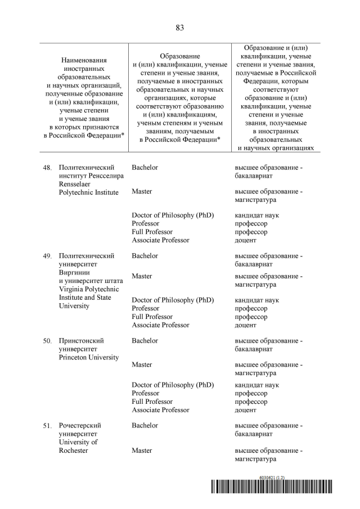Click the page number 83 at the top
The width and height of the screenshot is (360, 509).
click(180, 28)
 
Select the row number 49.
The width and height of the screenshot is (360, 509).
click(47, 256)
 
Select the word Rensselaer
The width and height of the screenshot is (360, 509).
click(76, 184)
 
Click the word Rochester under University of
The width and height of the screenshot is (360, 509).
click(73, 450)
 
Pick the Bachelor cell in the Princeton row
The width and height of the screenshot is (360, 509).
click(145, 341)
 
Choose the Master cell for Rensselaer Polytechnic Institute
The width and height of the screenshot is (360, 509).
click(142, 192)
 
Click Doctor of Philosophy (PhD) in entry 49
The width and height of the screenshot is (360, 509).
click(173, 300)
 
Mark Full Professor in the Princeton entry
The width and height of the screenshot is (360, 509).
click(152, 402)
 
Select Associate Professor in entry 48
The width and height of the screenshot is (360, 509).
click(160, 240)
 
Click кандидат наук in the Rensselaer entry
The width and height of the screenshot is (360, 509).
click(256, 215)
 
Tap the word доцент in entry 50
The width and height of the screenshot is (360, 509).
click(245, 410)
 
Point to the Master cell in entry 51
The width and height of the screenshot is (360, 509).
click(142, 451)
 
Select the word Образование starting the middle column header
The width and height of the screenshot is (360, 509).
click(180, 56)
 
